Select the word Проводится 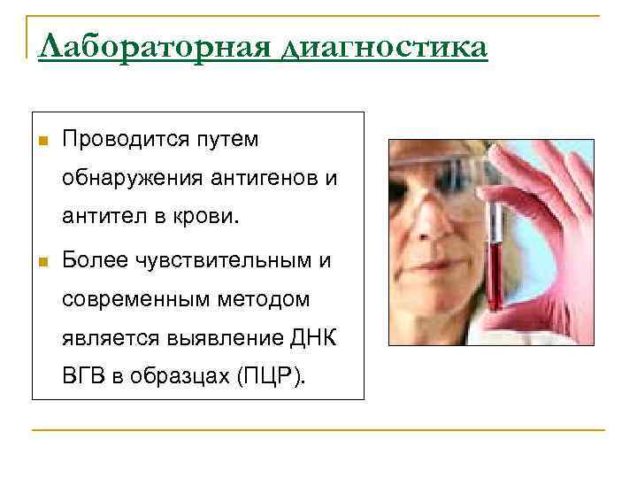(x=128, y=140)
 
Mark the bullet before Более (x=41, y=261)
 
